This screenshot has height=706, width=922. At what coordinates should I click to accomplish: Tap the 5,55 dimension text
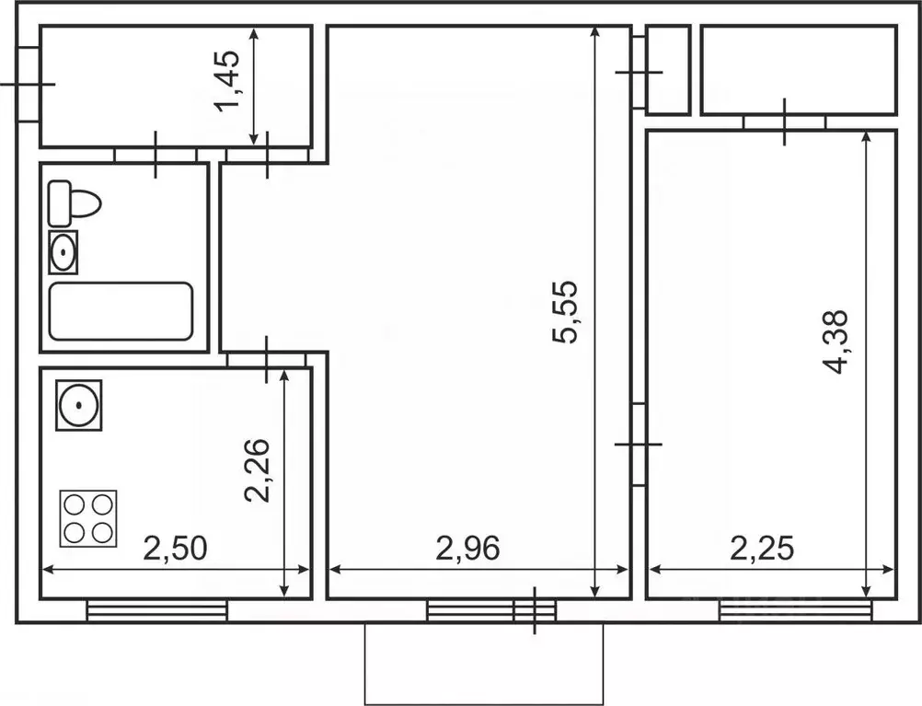click(566, 312)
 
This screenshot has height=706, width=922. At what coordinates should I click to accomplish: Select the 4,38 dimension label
click(836, 342)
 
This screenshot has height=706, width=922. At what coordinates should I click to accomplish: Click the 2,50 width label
click(176, 549)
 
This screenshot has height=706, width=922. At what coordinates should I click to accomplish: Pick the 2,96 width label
click(467, 549)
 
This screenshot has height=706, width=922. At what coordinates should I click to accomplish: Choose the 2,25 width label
click(762, 549)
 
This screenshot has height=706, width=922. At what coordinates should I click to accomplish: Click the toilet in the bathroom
click(75, 204)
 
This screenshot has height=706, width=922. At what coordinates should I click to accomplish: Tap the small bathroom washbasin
click(63, 252)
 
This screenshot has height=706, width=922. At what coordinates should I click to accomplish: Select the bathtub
click(121, 311)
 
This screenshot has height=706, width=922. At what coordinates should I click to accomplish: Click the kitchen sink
click(79, 405)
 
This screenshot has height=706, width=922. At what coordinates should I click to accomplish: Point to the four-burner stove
click(88, 518)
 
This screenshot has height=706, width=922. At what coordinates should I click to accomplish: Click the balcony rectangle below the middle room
click(484, 664)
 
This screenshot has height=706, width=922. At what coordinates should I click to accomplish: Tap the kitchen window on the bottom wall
click(157, 610)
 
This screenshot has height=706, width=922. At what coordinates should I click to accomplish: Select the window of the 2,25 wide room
click(796, 610)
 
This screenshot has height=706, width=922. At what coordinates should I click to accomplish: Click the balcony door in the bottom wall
click(535, 610)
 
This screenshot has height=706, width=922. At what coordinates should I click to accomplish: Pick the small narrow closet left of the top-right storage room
click(667, 70)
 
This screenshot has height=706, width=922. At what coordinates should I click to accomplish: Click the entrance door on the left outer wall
click(28, 84)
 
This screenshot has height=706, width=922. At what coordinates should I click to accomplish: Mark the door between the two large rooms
click(639, 444)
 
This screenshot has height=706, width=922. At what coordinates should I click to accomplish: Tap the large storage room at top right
click(799, 70)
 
